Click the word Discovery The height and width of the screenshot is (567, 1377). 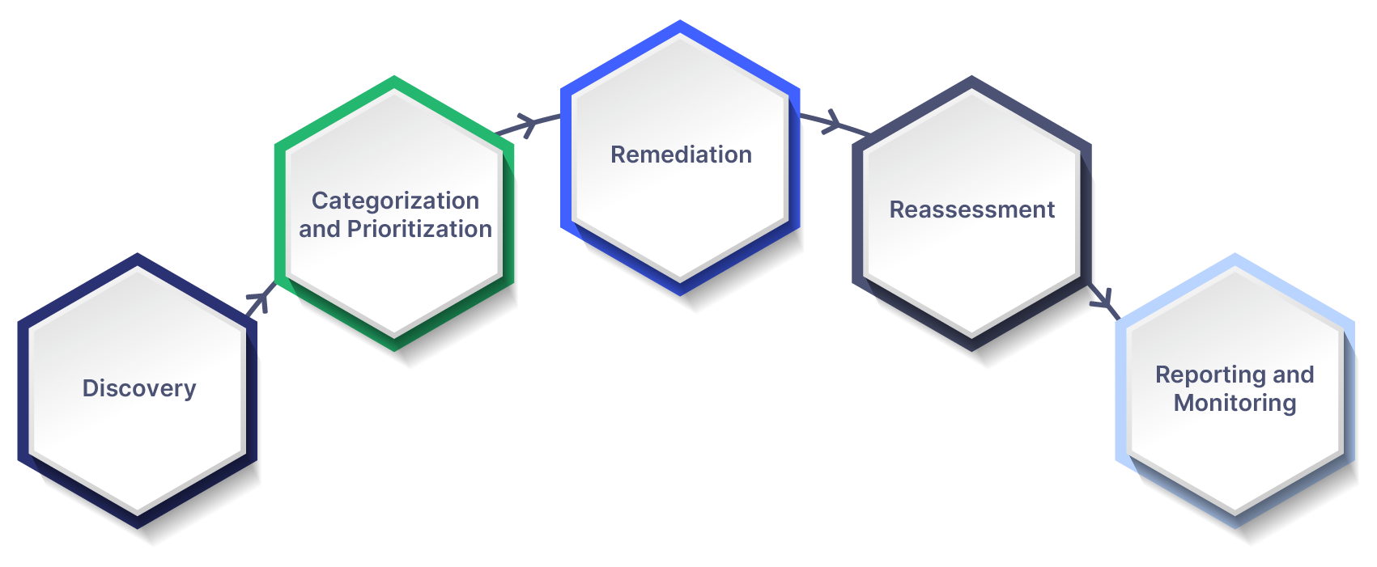click(139, 388)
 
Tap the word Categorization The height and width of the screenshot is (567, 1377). click(395, 201)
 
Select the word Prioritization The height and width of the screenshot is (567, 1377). click(419, 229)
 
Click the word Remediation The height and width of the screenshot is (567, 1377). click(681, 154)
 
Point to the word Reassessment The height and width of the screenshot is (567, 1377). click(971, 209)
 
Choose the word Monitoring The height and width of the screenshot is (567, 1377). click(1235, 403)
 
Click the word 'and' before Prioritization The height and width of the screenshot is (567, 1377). click(320, 229)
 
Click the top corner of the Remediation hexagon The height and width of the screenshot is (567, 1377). click(680, 34)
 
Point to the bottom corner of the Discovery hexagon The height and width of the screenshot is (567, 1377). click(138, 514)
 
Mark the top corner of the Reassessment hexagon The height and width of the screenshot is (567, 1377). click(971, 89)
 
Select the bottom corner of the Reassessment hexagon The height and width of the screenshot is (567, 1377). click(971, 336)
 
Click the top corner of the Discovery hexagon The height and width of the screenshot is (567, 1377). click(138, 267)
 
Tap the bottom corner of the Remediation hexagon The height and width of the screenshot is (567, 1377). click(680, 281)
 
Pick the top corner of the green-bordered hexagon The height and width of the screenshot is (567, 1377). click(394, 89)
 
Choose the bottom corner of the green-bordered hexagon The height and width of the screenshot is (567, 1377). click(394, 336)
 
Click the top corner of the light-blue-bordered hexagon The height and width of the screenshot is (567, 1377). click(1235, 267)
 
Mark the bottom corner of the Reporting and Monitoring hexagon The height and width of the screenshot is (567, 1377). click(1235, 514)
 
